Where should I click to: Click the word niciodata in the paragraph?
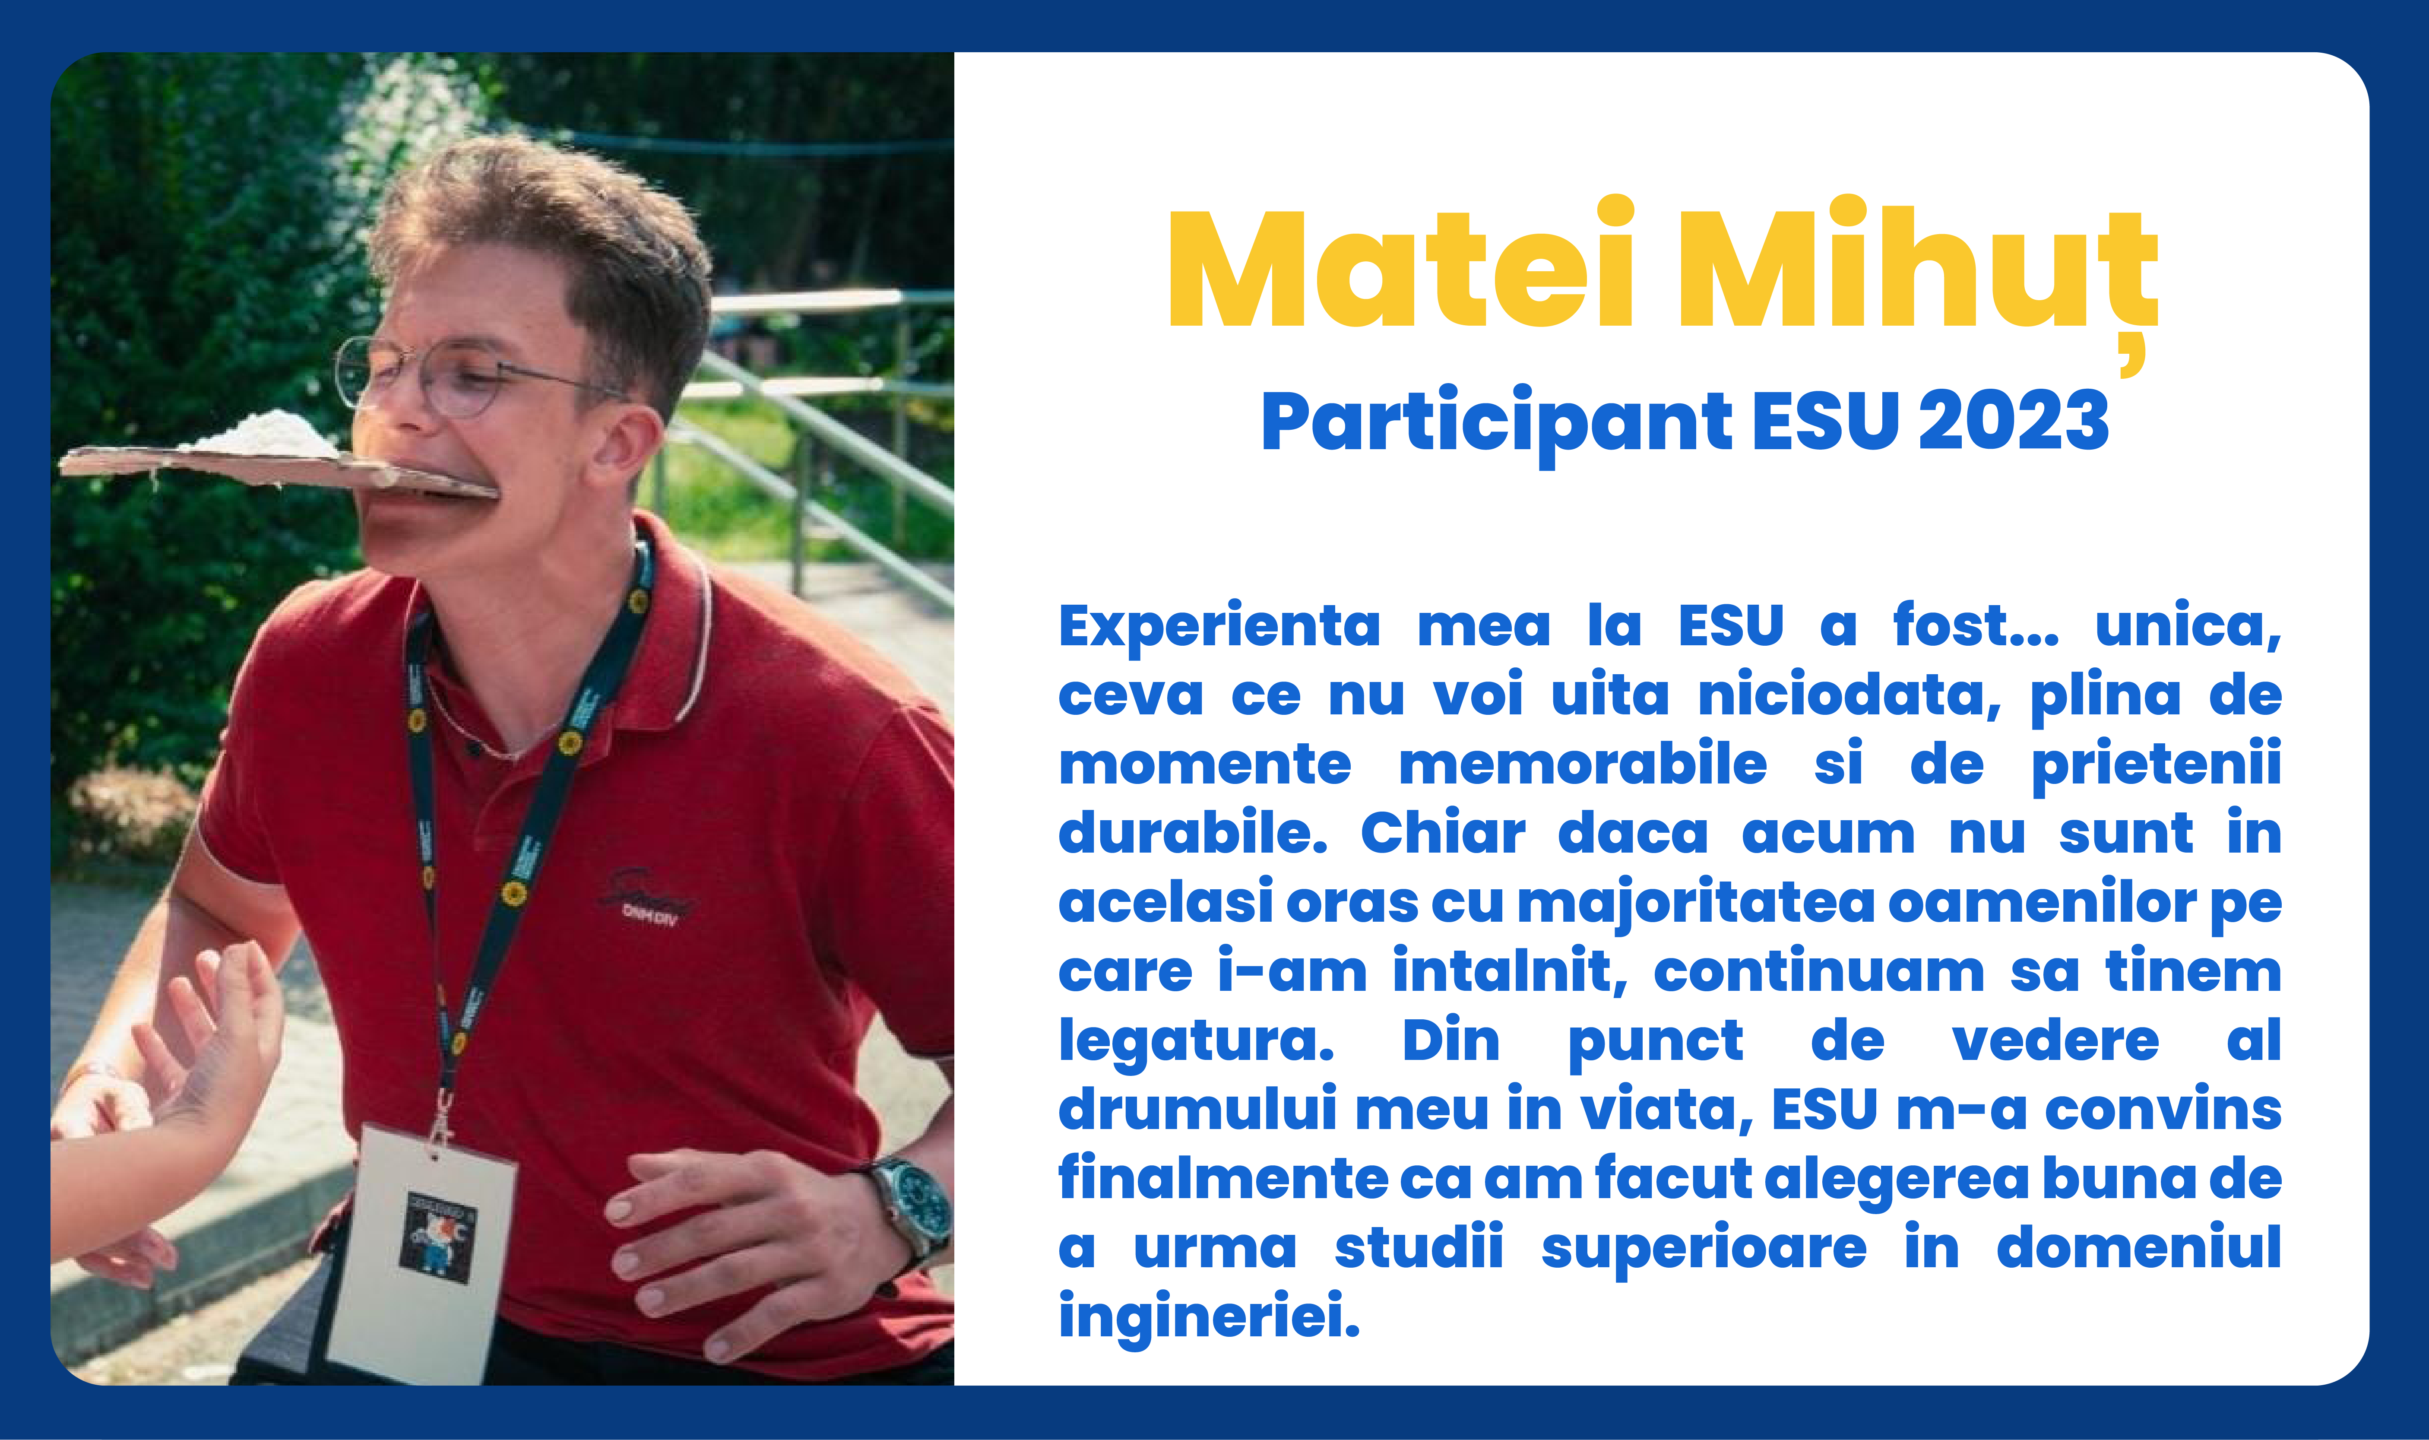(1849, 695)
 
